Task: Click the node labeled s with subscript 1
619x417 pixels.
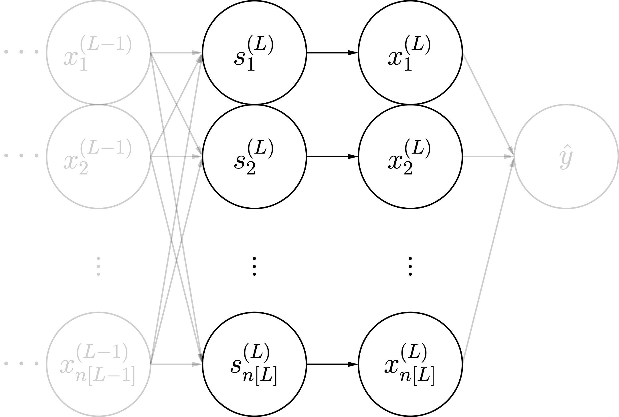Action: (x=254, y=53)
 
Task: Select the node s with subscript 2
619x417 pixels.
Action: (x=254, y=156)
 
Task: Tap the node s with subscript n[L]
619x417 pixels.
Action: (x=254, y=364)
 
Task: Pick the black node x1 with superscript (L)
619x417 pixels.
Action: (x=410, y=53)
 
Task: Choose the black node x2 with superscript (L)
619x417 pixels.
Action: (x=410, y=156)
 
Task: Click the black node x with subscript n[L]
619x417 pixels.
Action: (x=410, y=364)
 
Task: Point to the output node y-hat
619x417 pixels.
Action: (x=566, y=156)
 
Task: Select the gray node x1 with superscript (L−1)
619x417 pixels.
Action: (x=98, y=53)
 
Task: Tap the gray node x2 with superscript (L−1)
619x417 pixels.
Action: (x=98, y=156)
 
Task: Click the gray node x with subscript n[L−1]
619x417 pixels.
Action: (x=98, y=364)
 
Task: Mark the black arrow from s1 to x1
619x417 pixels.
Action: (x=332, y=53)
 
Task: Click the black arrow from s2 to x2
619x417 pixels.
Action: (x=332, y=156)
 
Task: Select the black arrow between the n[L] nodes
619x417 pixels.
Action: (x=332, y=364)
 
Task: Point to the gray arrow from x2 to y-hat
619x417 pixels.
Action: (x=488, y=156)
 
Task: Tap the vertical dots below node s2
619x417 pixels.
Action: (x=254, y=266)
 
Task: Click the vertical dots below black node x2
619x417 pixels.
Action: (x=410, y=266)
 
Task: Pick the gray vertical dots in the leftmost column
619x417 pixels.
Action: (x=98, y=266)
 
